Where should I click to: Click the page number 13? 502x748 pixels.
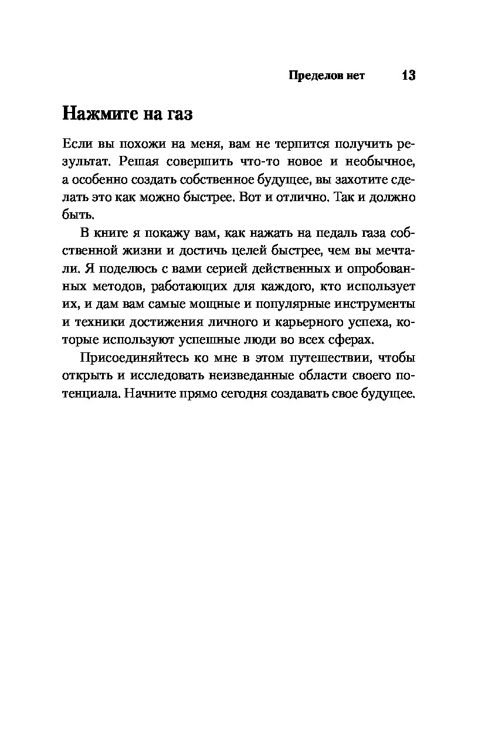tap(408, 76)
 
